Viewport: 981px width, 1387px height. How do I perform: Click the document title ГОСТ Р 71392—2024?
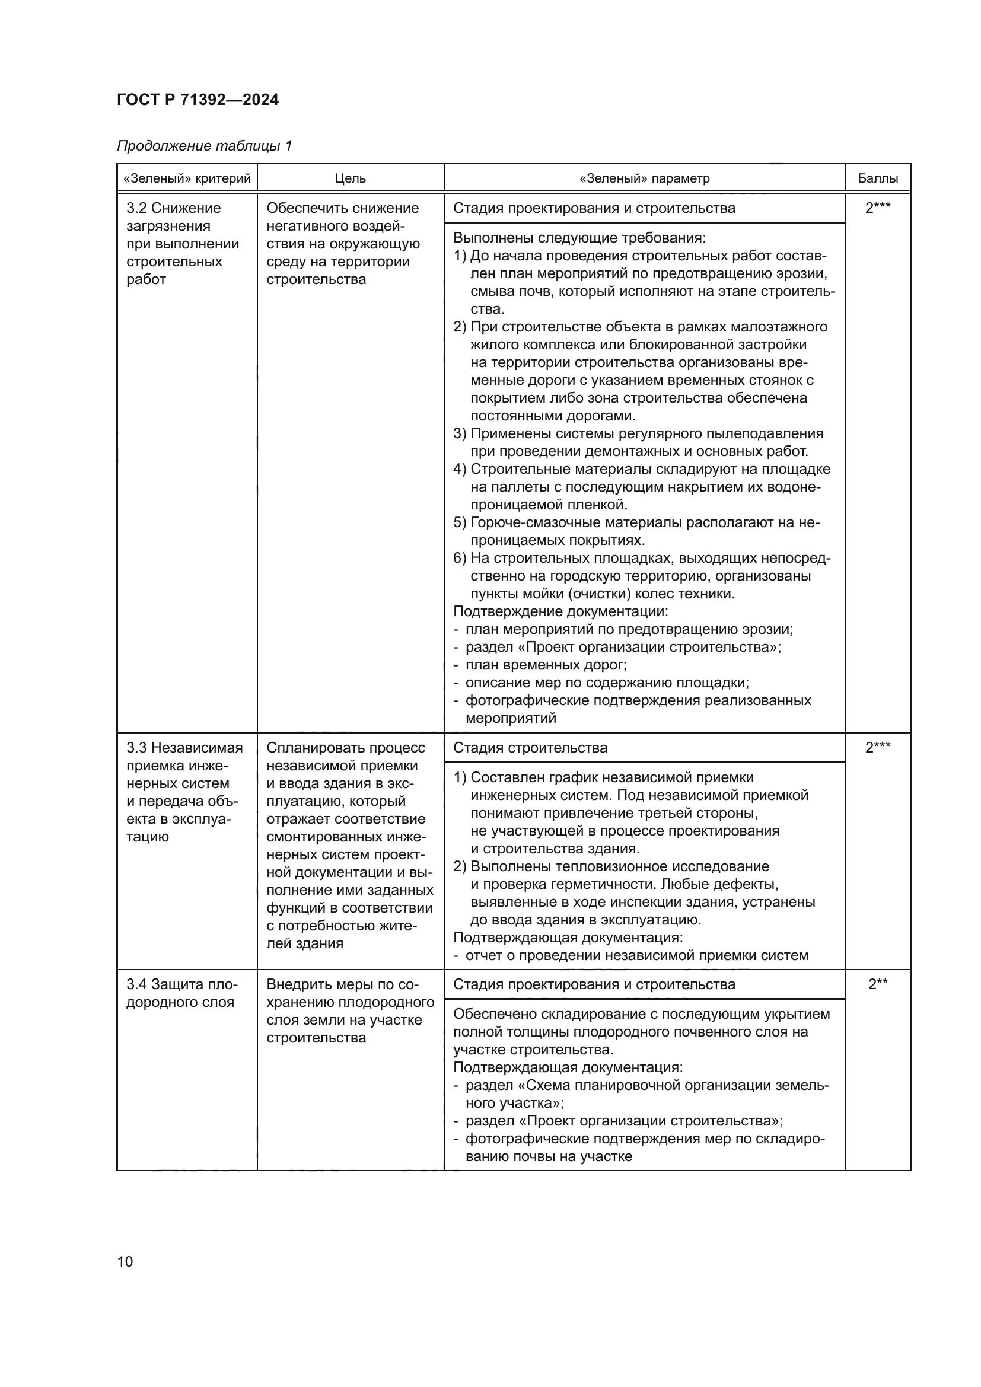[198, 100]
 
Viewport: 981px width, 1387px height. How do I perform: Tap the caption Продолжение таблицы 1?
[204, 146]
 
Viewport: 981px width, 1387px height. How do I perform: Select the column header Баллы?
[877, 178]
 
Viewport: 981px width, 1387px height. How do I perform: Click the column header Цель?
[351, 178]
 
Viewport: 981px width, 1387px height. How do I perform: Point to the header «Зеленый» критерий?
[187, 178]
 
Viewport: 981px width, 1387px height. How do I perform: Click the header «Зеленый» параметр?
[644, 178]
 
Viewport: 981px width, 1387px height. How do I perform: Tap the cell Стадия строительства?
[530, 747]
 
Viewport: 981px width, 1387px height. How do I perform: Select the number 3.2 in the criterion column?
[136, 208]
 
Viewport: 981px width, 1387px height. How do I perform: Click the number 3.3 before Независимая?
[136, 747]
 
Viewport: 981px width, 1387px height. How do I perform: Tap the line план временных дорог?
[545, 665]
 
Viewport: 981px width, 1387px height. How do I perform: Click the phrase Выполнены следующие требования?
[579, 237]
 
